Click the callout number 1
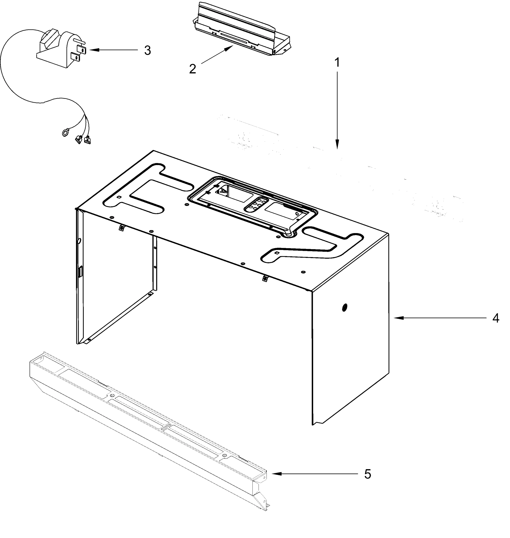[x=337, y=63]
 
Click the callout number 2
[x=192, y=69]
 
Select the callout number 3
[x=147, y=50]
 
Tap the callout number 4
[x=496, y=318]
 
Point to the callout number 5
[x=368, y=474]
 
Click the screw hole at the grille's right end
[x=264, y=477]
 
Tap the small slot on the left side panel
[x=81, y=272]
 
